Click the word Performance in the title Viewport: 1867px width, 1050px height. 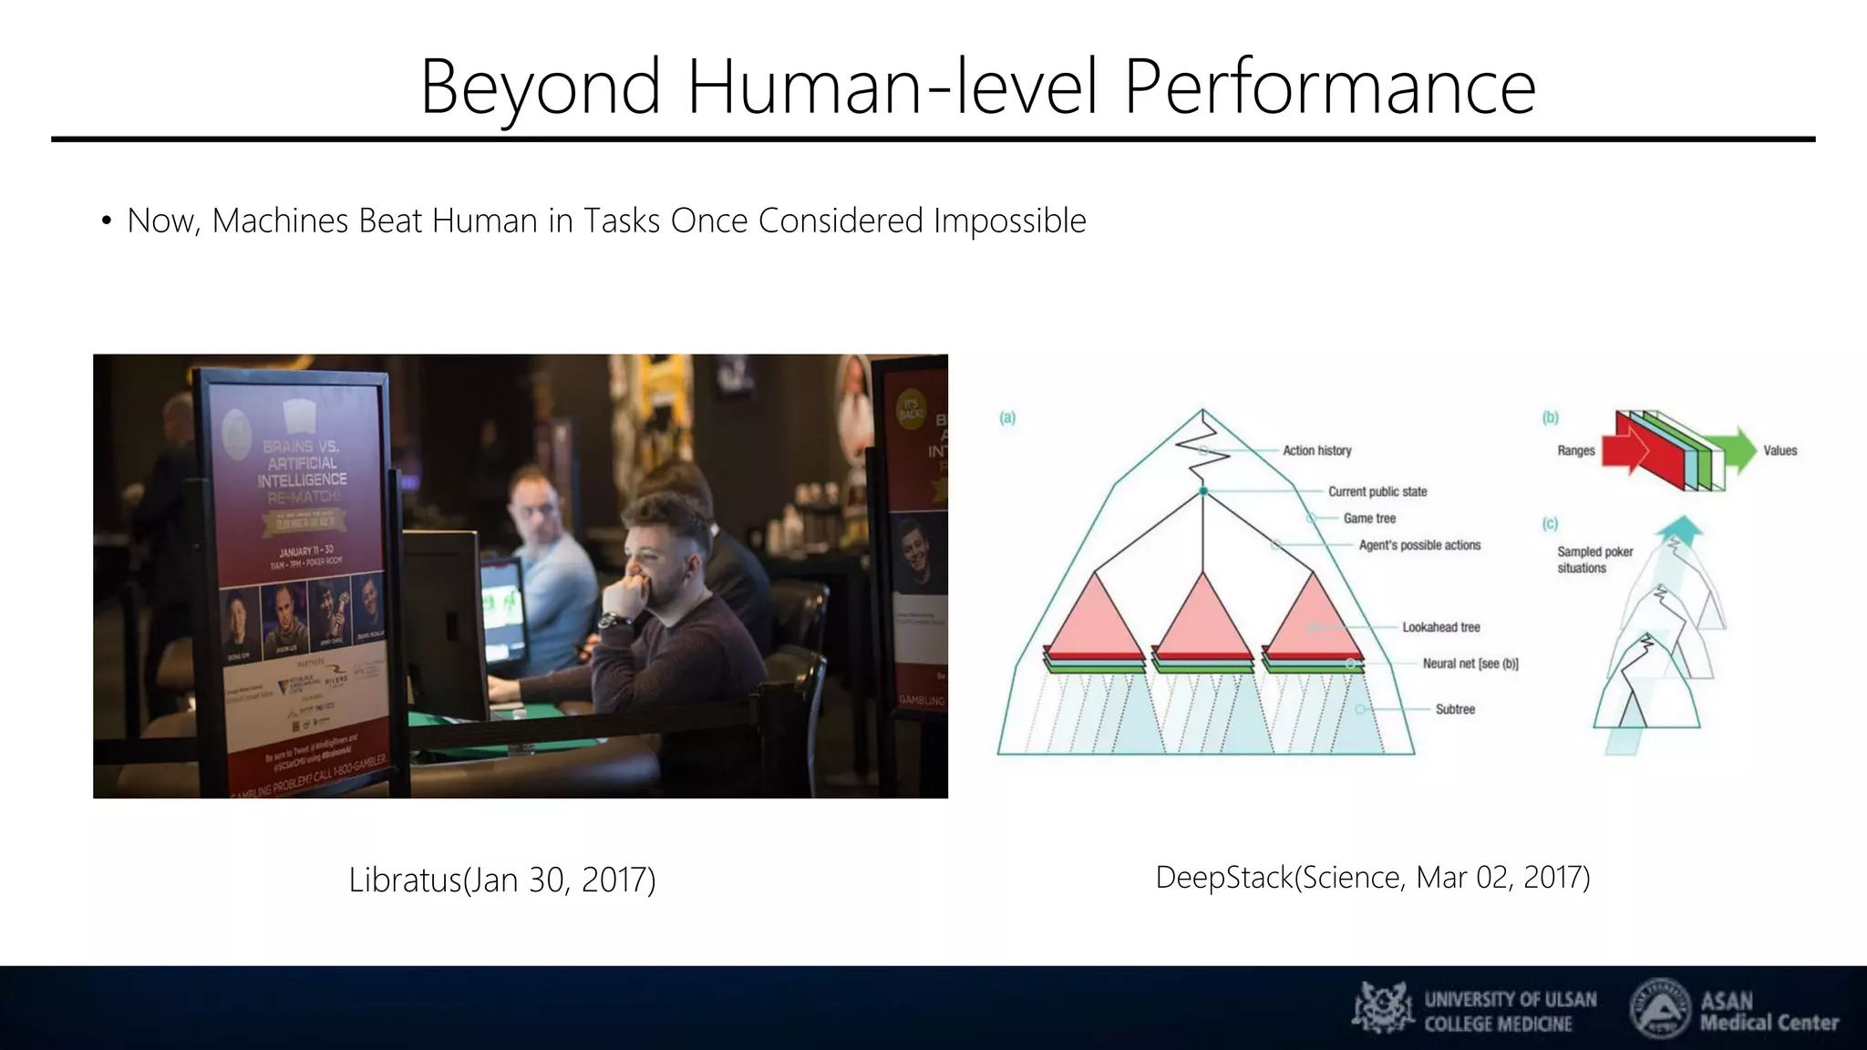pyautogui.click(x=1329, y=88)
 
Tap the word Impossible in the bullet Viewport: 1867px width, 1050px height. pyautogui.click(x=1009, y=221)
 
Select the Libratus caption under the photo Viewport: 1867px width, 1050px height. pyautogui.click(x=502, y=880)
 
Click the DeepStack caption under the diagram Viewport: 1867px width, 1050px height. pyautogui.click(x=1372, y=878)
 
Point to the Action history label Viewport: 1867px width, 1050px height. pyautogui.click(x=1316, y=450)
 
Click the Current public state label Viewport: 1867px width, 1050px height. pyautogui.click(x=1377, y=491)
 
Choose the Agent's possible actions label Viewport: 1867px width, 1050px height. pyautogui.click(x=1419, y=545)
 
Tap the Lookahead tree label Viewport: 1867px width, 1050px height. pyautogui.click(x=1440, y=627)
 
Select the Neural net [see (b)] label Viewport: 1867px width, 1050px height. pyautogui.click(x=1470, y=664)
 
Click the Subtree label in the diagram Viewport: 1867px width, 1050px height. pyautogui.click(x=1455, y=709)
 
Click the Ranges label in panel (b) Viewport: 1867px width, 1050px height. pyautogui.click(x=1575, y=450)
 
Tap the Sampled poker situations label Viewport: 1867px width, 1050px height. pyautogui.click(x=1594, y=560)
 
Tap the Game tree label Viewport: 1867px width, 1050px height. pyautogui.click(x=1369, y=518)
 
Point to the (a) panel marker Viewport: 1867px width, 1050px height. pyautogui.click(x=1007, y=418)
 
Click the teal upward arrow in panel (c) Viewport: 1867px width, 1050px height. pyautogui.click(x=1680, y=530)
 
